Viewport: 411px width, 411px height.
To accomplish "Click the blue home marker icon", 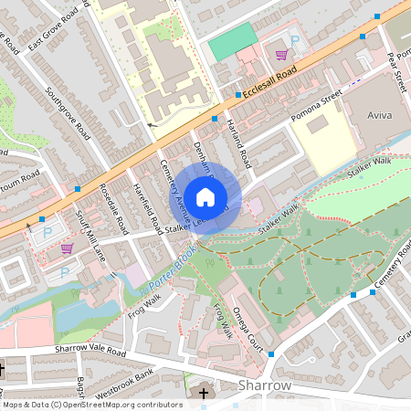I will (205, 196).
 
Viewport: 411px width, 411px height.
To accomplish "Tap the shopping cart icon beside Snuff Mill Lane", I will (66, 248).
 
